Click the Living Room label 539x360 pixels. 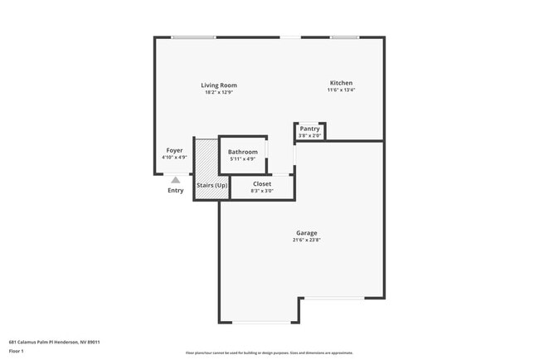pos(219,85)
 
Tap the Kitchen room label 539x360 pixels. pos(341,83)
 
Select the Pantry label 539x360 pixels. pos(309,129)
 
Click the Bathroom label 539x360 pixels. pos(243,152)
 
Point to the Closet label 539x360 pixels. pos(262,183)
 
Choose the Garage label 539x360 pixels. pos(306,233)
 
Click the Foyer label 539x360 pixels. pos(174,150)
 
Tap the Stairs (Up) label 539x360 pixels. pos(211,185)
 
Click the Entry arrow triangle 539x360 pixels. pos(175,178)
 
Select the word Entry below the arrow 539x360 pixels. pos(176,191)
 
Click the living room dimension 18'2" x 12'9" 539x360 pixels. pos(219,92)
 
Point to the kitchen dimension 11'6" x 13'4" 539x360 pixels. pos(341,90)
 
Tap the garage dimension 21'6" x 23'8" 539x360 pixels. pos(306,241)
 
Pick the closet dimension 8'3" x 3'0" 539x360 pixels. pos(262,191)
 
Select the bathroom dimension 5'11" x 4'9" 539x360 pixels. pos(243,159)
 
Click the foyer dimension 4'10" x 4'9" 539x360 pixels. pos(174,158)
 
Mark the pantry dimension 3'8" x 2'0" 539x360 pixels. pos(309,135)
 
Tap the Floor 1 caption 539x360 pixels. pos(17,351)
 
